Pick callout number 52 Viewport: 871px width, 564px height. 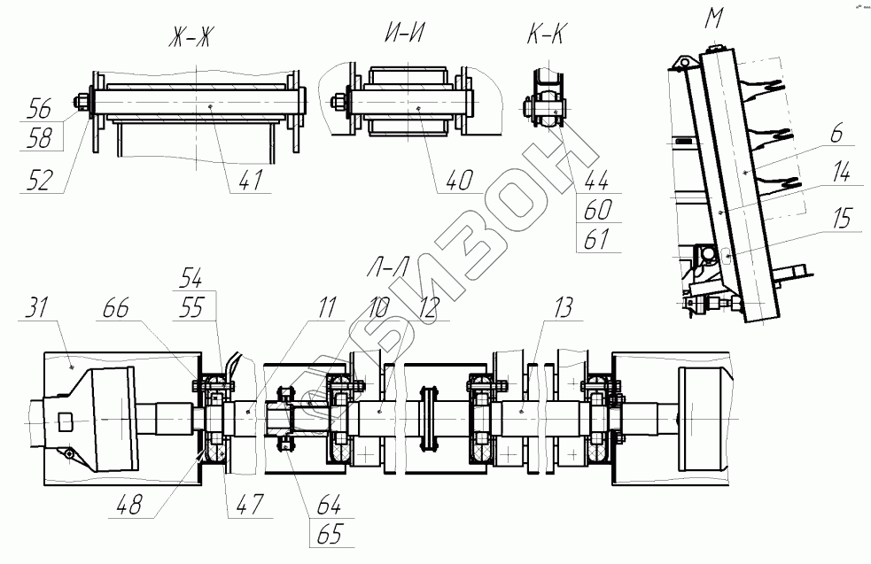pos(39,180)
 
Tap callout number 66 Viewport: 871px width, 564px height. pos(116,309)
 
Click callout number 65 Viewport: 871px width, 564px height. pos(328,535)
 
